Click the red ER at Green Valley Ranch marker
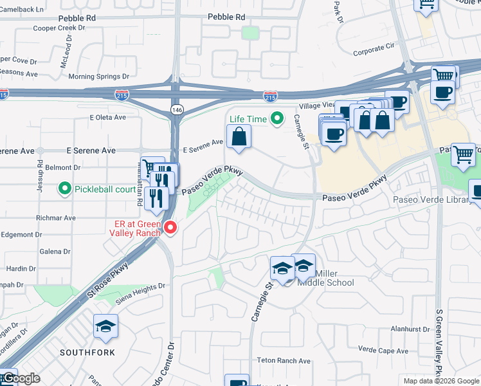click(170, 227)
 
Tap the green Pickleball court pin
click(64, 189)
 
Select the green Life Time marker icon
click(277, 118)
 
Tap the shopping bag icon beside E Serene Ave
click(239, 136)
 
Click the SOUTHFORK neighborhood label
click(87, 353)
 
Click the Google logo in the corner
click(21, 378)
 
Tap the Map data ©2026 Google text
click(440, 381)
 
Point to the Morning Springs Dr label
click(95, 77)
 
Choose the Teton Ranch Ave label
click(284, 361)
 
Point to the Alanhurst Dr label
click(410, 329)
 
